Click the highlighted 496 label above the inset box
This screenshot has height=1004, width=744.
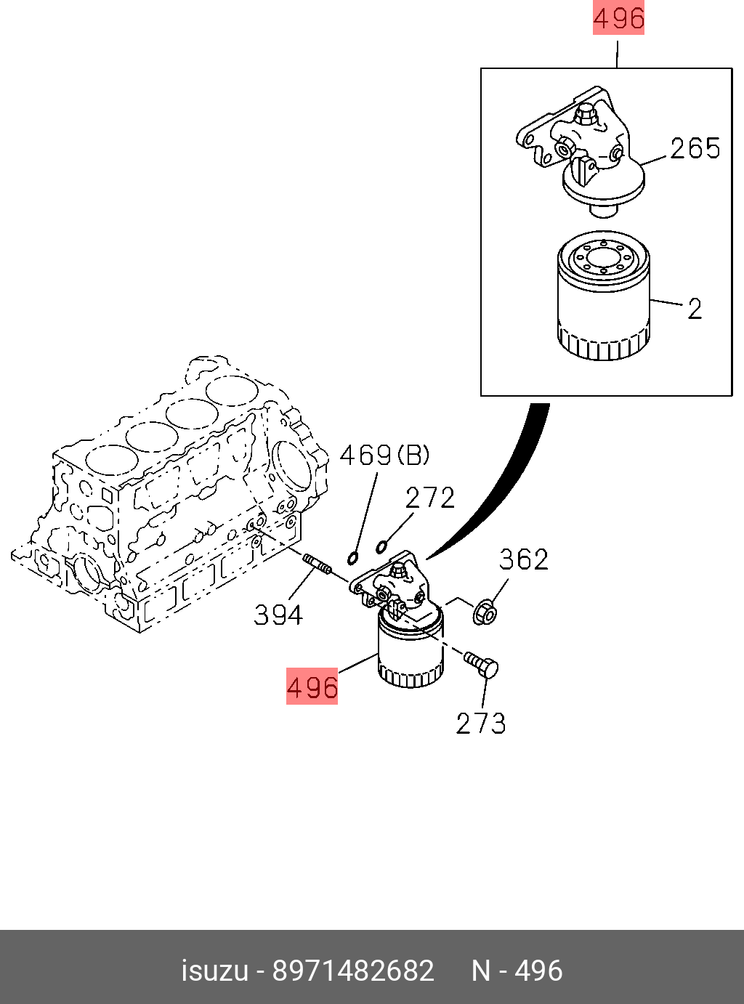618,19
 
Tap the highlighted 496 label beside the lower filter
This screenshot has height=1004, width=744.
312,687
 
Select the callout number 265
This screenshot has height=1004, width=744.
695,148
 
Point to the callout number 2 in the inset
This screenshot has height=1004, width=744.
695,309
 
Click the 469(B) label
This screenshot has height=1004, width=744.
384,456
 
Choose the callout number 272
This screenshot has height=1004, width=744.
429,498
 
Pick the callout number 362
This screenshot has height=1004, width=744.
523,559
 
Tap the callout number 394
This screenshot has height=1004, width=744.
278,615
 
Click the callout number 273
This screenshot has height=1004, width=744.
480,723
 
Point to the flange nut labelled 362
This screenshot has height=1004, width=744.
485,612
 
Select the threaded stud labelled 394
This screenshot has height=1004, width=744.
317,564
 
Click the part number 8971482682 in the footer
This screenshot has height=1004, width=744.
353,971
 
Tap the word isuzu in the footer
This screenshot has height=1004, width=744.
214,971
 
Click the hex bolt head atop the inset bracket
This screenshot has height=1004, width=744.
585,113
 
